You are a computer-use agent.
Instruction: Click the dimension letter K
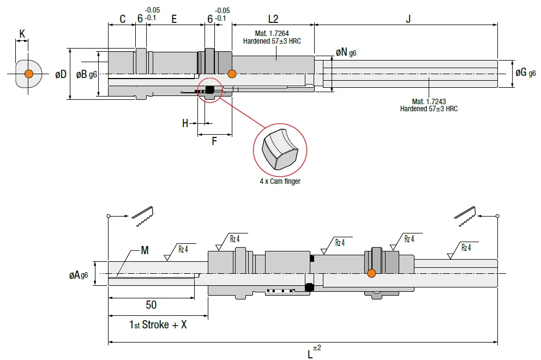pyautogui.click(x=22, y=34)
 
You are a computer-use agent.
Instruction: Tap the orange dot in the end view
pyautogui.click(x=29, y=74)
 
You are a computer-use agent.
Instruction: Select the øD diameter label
pyautogui.click(x=61, y=74)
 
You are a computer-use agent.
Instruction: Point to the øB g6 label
pyautogui.click(x=87, y=74)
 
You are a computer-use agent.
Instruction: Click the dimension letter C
pyautogui.click(x=123, y=19)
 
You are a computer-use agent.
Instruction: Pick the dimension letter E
pyautogui.click(x=174, y=19)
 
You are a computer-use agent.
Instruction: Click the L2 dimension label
pyautogui.click(x=273, y=19)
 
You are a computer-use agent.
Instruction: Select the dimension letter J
pyautogui.click(x=408, y=19)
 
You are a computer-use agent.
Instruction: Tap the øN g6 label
pyautogui.click(x=346, y=52)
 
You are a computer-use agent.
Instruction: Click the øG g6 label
pyautogui.click(x=526, y=73)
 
